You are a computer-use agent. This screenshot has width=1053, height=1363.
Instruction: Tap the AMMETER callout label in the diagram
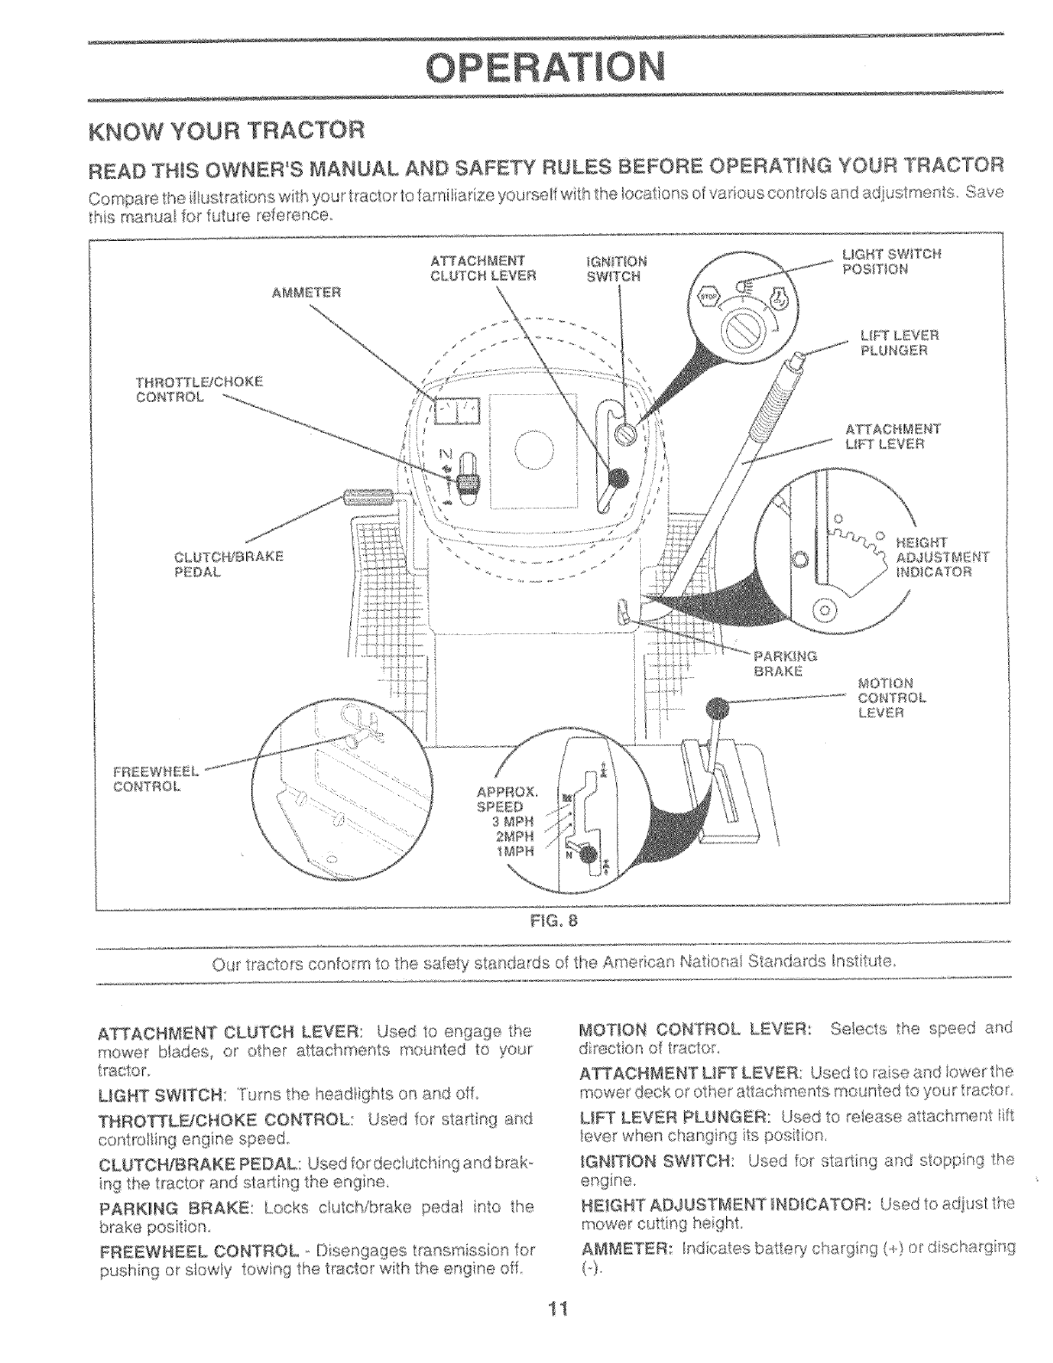[x=307, y=292]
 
